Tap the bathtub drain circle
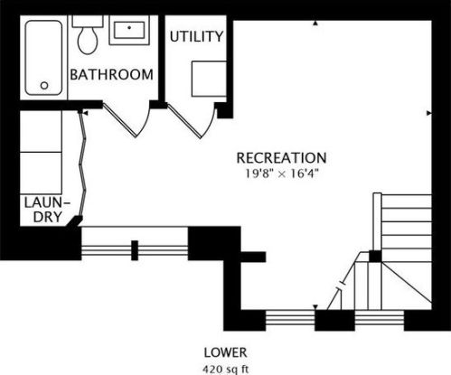click(42, 86)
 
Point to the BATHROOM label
click(111, 74)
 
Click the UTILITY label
click(196, 37)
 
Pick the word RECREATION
click(281, 156)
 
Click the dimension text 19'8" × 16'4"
click(281, 172)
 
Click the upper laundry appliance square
click(40, 131)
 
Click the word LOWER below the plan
click(225, 351)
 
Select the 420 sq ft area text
click(225, 367)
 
